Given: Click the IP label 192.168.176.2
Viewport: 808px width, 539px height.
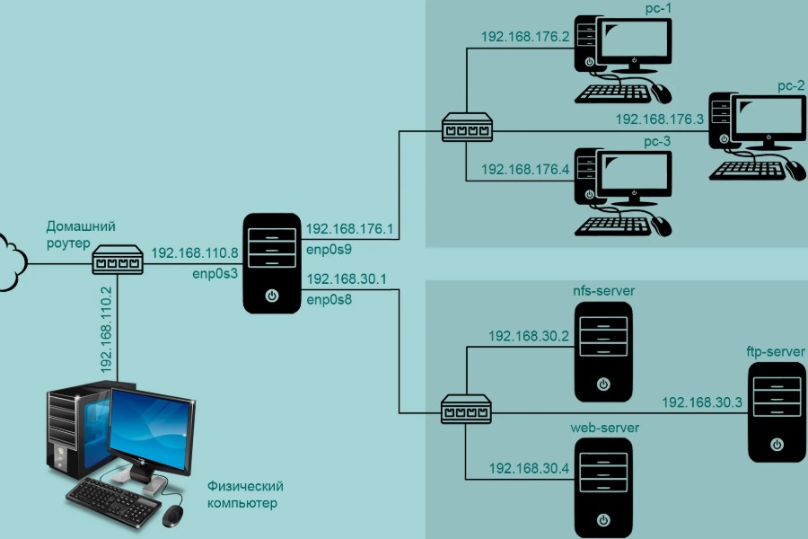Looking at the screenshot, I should point(525,37).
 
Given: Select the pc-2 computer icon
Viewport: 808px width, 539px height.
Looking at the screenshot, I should point(758,135).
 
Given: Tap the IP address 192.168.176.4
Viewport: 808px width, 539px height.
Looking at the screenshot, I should point(525,168).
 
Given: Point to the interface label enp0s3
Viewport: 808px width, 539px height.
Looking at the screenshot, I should point(213,272).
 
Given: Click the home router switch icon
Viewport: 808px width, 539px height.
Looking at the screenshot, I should point(118,262).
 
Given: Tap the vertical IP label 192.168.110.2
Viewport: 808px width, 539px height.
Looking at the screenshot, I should point(106,331).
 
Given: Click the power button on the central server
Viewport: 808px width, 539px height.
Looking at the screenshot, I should point(272,295).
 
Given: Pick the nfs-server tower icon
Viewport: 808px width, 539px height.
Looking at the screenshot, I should point(603,350).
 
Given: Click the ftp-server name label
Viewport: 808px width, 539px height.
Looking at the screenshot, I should point(775,351).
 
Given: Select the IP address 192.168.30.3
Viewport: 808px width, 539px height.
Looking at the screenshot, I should point(702,402).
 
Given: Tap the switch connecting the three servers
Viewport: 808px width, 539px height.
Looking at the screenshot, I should point(467,411).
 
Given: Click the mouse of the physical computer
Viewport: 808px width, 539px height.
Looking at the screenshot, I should point(172,515).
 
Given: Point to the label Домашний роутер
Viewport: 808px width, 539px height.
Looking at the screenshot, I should point(82,234).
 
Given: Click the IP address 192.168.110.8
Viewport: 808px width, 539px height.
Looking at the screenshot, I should point(195,254).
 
